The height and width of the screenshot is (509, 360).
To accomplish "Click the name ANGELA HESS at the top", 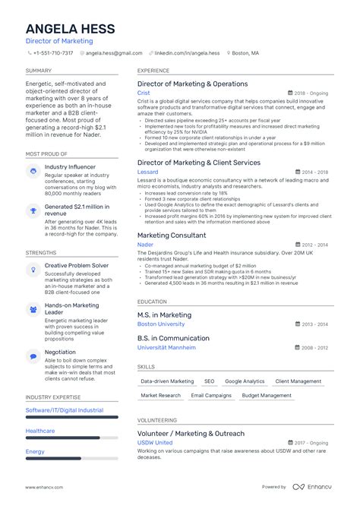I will point(70,29).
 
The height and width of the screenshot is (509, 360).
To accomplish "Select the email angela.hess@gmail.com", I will point(114,53).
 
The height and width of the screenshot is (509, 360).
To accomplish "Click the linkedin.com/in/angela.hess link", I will point(187,53).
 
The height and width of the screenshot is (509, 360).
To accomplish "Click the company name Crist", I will point(144,93).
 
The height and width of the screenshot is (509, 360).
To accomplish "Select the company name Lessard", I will point(148,172).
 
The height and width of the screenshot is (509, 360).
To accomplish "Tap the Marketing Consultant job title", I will point(172,236).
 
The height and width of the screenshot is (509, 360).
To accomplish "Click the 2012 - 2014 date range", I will point(314,245).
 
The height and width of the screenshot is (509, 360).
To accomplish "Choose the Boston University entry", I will point(161,324).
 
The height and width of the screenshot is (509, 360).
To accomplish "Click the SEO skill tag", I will point(209,381).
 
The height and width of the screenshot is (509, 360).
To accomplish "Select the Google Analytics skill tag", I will point(245,381).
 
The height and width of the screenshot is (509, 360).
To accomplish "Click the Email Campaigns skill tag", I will point(210,395).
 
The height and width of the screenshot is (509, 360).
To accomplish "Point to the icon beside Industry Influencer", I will point(33,172).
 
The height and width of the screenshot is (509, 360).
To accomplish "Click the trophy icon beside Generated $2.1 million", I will point(33,210).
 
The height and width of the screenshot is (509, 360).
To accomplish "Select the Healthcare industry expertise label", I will point(40,430).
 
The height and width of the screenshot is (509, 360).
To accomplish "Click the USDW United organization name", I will point(155,442).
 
